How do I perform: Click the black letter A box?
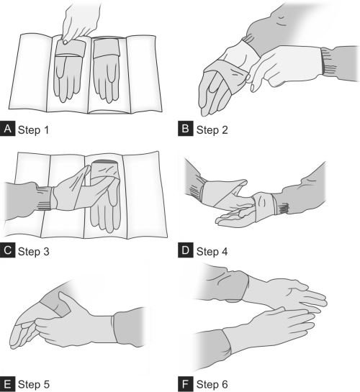[7, 129]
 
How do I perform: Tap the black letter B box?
[185, 129]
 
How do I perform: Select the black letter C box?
[7, 250]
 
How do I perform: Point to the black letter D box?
[185, 250]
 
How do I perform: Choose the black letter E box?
[7, 384]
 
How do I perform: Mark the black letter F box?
[185, 384]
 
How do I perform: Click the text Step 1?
[33, 130]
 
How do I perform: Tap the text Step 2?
[212, 130]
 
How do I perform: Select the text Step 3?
[34, 252]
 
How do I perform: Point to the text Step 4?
[212, 252]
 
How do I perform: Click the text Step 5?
[34, 384]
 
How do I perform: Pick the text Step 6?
[212, 384]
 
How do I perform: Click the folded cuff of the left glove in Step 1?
[70, 47]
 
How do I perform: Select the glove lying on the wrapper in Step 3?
[105, 198]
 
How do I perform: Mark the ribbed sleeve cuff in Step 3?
[45, 198]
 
